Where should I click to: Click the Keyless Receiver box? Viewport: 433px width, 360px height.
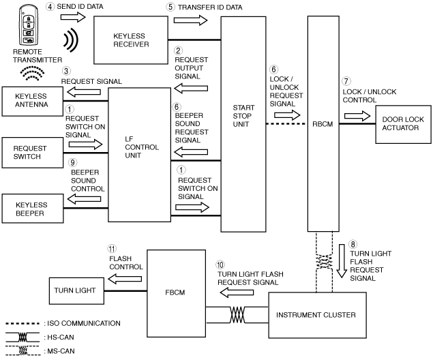[131, 40]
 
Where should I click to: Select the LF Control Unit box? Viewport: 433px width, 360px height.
[140, 155]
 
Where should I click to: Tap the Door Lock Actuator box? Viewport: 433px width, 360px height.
[403, 124]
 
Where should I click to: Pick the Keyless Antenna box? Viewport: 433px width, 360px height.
[33, 102]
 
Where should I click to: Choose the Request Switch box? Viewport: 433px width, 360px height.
[33, 153]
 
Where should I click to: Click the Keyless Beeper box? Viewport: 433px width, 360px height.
[33, 209]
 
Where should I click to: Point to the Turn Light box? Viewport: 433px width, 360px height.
[76, 291]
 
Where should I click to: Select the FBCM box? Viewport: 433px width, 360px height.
[176, 293]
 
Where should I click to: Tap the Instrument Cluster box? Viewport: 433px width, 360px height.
[318, 315]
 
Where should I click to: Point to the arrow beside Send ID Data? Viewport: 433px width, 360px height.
[73, 18]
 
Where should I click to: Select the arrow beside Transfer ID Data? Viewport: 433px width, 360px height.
[190, 20]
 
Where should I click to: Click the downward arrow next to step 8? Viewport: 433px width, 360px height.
[342, 261]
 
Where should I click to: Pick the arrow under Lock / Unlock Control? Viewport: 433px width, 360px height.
[357, 116]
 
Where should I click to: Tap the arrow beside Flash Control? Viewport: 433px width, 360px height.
[125, 279]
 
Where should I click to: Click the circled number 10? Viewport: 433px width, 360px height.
[220, 265]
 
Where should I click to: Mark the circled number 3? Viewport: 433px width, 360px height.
[66, 71]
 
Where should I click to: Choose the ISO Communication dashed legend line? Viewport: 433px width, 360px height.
[23, 323]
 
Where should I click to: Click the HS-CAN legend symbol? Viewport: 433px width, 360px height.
[23, 337]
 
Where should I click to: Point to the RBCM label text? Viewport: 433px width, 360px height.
[323, 124]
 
